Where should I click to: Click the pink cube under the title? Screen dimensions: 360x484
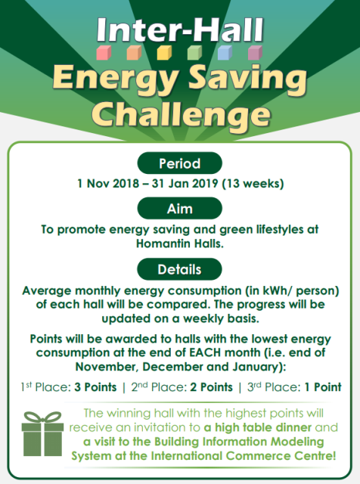point(104,52)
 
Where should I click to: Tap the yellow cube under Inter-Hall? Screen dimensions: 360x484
point(164,52)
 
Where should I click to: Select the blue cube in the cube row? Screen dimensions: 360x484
point(225,52)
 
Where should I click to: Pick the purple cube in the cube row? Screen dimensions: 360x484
point(256,52)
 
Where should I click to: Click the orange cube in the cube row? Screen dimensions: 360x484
point(134,52)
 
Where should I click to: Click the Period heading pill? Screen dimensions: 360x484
point(180,163)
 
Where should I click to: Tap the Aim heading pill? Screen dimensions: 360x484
point(180,209)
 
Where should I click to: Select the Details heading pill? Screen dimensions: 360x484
point(180,269)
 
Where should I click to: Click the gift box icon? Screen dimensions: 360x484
point(42,433)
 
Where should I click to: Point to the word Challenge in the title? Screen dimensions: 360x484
point(182,115)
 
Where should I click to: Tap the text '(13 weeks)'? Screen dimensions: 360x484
point(253,184)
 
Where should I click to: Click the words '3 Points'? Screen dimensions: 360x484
point(95,387)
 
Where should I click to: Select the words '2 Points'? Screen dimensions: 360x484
point(212,387)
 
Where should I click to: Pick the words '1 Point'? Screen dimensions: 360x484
point(323,387)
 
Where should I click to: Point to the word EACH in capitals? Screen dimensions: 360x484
point(204,352)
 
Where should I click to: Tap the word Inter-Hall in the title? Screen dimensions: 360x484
point(180,29)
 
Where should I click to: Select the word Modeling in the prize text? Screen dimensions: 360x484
point(297,442)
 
